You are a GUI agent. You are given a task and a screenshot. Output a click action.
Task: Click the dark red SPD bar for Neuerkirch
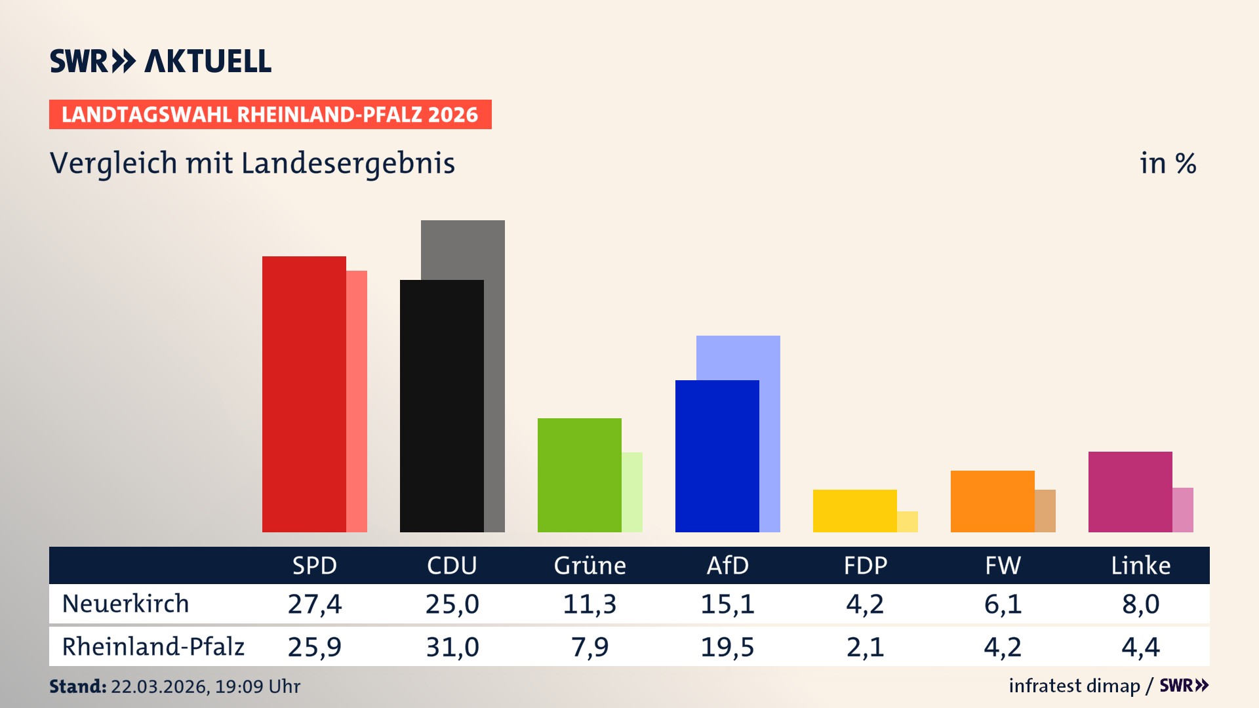point(304,393)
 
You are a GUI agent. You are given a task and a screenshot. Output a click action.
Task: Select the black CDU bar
point(441,406)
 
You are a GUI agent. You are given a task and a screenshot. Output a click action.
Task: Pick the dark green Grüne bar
point(579,475)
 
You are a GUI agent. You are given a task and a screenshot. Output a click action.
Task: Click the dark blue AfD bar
point(717,456)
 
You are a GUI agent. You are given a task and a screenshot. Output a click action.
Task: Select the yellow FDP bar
point(854,511)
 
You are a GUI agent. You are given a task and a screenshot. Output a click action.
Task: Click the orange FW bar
point(992,501)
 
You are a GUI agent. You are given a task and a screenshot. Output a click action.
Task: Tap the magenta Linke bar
point(1130,492)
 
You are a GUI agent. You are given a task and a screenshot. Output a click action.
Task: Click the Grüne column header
point(590,565)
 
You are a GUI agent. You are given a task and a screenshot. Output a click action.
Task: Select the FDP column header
point(865,565)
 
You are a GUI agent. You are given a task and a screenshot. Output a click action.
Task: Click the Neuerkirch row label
point(125,604)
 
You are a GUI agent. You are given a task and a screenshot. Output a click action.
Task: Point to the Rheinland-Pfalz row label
point(153,647)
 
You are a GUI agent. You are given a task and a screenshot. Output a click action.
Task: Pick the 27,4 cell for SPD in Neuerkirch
point(315,604)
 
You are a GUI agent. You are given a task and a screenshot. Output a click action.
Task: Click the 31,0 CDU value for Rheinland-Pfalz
point(452,647)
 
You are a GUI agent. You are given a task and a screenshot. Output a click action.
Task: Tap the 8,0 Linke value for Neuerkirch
point(1140,604)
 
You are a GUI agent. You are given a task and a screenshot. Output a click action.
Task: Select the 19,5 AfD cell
point(727,647)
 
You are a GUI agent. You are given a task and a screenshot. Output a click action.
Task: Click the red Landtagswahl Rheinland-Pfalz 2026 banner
point(270,115)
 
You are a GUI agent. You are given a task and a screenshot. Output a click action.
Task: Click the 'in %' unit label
point(1167,164)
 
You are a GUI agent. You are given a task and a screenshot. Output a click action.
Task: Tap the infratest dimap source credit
point(1074,686)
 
